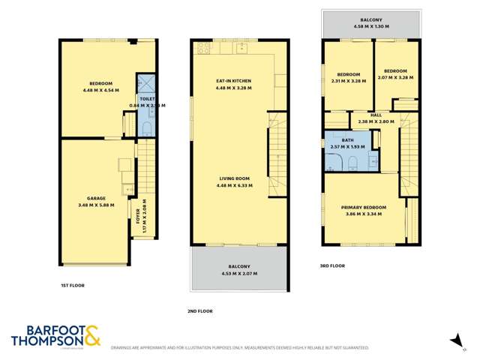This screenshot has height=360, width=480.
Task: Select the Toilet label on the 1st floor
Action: [146, 98]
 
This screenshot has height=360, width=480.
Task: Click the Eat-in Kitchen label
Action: [233, 80]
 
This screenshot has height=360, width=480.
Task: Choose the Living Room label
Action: [233, 178]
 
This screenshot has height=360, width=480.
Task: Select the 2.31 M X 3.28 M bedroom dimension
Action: [348, 81]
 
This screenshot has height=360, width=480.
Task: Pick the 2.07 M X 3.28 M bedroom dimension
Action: [394, 81]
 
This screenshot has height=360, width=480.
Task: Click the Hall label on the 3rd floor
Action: [376, 115]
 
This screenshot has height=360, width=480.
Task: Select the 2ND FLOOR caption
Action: [200, 310]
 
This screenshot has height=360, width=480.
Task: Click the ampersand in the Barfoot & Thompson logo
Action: [91, 335]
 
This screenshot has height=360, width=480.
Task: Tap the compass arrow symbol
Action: [455, 341]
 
